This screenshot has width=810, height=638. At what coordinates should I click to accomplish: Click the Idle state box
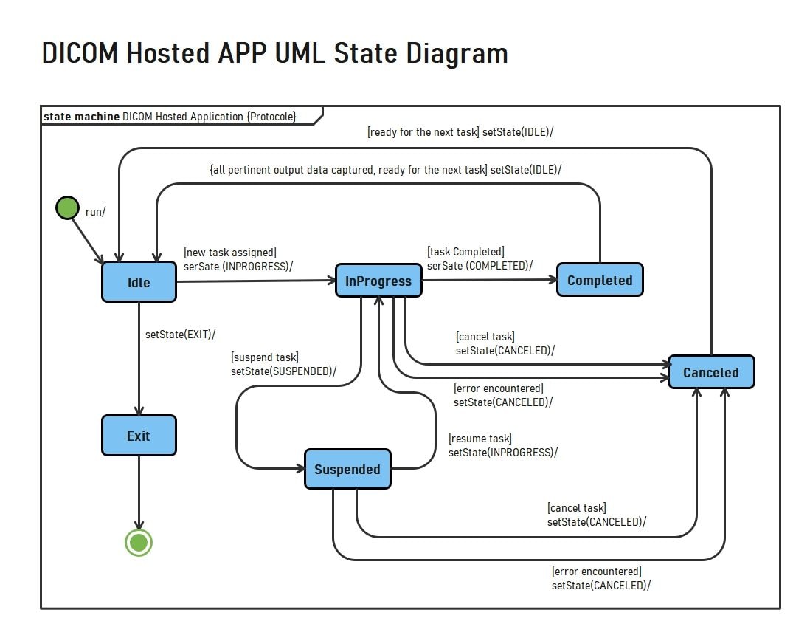click(x=139, y=282)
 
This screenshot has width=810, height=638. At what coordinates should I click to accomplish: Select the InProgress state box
click(x=378, y=281)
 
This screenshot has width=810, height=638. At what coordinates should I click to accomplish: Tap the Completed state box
click(x=600, y=281)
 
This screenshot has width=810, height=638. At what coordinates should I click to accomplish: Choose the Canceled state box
click(x=711, y=372)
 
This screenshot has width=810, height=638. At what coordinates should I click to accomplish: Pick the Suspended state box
click(x=347, y=470)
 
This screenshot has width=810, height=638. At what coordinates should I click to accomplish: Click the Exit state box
click(x=139, y=436)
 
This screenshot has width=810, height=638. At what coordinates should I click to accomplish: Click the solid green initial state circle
click(x=67, y=208)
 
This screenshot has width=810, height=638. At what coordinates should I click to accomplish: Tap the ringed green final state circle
click(x=139, y=543)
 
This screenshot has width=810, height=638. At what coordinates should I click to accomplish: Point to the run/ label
click(x=96, y=212)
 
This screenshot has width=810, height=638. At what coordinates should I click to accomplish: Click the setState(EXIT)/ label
click(x=181, y=335)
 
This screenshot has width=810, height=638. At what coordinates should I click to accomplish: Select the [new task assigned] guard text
click(x=229, y=253)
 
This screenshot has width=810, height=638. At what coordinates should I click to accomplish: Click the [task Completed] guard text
click(x=465, y=252)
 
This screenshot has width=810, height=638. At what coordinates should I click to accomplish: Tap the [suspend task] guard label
click(x=265, y=357)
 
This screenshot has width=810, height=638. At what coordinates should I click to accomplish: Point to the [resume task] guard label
click(x=480, y=439)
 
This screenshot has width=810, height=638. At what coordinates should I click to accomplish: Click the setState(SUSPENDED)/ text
click(x=283, y=371)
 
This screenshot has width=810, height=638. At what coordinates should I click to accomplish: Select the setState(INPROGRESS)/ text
click(x=503, y=452)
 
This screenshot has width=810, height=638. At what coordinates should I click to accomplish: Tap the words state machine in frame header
click(x=81, y=117)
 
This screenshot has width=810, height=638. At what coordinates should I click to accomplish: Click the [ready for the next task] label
click(x=423, y=133)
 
